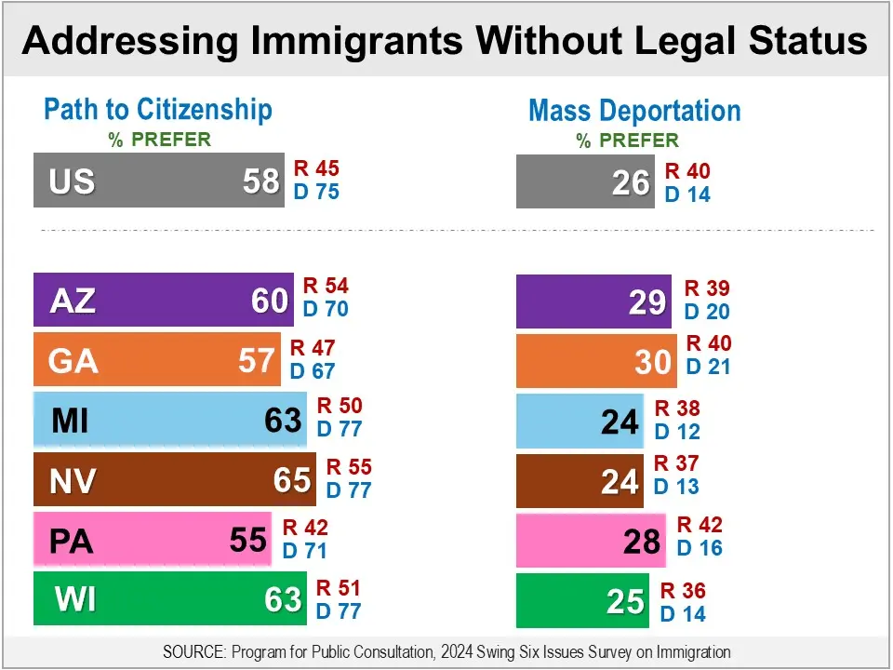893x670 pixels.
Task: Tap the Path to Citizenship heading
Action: click(158, 110)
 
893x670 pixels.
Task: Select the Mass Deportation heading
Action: click(634, 111)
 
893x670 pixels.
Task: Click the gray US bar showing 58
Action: click(158, 180)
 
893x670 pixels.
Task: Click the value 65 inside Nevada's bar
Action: click(292, 480)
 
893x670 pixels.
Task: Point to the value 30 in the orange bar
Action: click(653, 361)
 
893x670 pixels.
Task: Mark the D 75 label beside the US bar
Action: click(316, 193)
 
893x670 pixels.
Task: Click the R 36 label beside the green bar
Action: click(683, 591)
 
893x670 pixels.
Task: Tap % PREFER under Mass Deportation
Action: click(628, 141)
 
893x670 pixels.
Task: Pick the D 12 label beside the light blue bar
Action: click(677, 432)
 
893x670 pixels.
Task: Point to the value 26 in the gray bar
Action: click(631, 182)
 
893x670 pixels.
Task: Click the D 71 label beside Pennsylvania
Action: click(305, 550)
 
